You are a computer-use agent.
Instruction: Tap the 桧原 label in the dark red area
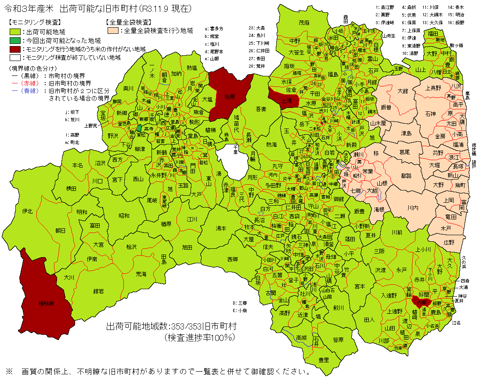tap(231, 97)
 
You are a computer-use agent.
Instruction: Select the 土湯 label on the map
tap(286, 101)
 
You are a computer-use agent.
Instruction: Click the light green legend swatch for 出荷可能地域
tap(15, 32)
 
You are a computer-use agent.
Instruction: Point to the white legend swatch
tap(15, 57)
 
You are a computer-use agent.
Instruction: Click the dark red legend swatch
tap(15, 49)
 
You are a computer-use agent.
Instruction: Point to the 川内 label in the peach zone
tap(412, 208)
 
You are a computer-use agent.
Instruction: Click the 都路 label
tap(407, 175)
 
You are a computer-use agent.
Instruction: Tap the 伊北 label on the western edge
tap(28, 211)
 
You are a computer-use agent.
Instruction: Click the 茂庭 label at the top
tap(304, 22)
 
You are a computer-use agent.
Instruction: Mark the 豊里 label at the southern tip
tap(324, 360)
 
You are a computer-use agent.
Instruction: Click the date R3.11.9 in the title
tap(155, 8)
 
